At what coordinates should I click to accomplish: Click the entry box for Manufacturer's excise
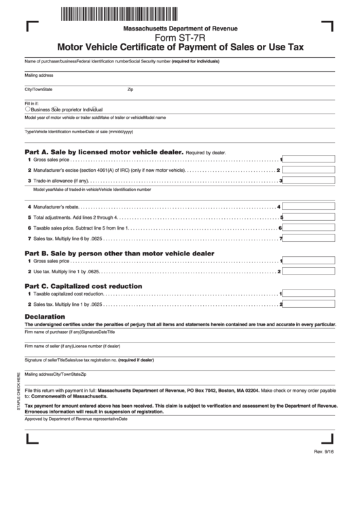[309, 169]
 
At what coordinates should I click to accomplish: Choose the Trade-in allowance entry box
[309, 181]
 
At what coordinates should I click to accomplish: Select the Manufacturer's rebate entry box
[309, 207]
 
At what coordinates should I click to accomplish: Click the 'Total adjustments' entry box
[309, 217]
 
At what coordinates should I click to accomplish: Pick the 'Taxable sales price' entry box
[309, 228]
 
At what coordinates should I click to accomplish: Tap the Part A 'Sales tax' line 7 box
[309, 239]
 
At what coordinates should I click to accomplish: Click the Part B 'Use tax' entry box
[309, 272]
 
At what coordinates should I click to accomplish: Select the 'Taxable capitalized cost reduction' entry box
[309, 294]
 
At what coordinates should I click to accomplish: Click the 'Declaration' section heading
[45, 317]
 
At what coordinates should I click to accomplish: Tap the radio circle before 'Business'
[27, 108]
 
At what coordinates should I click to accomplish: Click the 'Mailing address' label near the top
[39, 75]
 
